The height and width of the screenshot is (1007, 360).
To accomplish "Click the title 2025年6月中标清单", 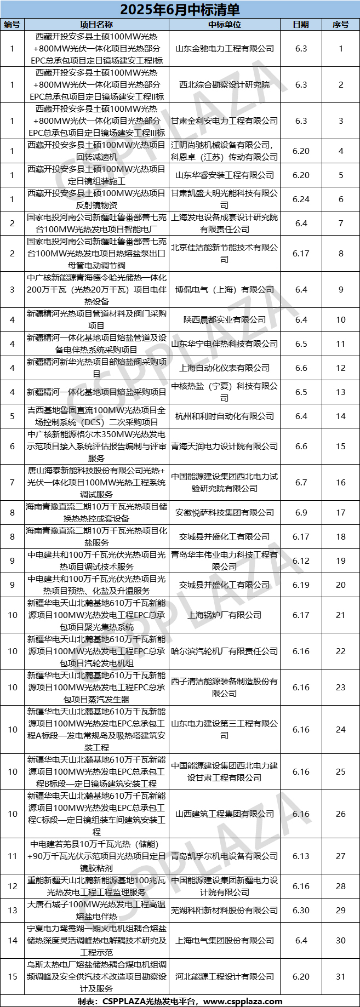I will (180, 9).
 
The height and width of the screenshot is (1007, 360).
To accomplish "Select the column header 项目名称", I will (96, 24).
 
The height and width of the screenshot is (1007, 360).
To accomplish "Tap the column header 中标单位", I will (224, 24).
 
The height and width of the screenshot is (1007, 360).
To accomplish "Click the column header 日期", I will (301, 24).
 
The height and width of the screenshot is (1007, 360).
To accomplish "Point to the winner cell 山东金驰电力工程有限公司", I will (224, 48).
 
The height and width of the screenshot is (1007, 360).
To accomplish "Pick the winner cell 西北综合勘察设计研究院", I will (224, 84).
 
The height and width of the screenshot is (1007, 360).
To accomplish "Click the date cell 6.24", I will (301, 199).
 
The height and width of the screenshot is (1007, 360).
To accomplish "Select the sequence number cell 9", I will (340, 289).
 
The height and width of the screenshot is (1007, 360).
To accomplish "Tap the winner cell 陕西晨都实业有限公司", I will (224, 319).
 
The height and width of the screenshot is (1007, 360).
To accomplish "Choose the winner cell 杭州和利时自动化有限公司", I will (224, 416).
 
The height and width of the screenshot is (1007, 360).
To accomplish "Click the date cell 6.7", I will (301, 482).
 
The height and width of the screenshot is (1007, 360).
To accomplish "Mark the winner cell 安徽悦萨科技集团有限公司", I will (224, 512).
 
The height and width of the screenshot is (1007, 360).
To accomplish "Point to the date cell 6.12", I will (301, 560).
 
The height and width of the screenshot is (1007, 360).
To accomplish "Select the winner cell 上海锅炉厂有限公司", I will (224, 615).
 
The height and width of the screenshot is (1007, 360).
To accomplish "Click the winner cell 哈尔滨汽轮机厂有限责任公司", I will (224, 651).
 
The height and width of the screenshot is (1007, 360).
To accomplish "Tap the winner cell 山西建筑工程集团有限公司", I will (224, 814).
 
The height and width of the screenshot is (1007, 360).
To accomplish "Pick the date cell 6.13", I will (301, 856).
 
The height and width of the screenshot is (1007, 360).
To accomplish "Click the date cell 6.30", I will (301, 910).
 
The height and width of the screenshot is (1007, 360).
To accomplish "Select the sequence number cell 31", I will (340, 976).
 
